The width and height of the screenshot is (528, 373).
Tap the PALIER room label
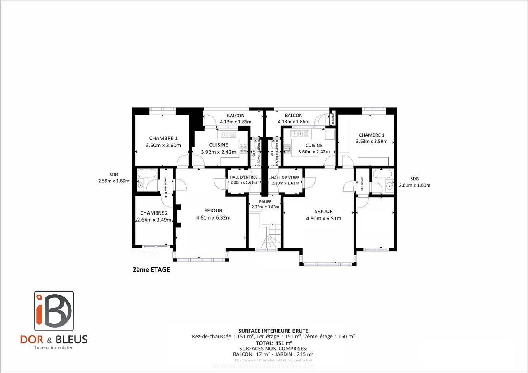point(265,201)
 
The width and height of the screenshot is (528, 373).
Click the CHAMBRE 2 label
point(154,213)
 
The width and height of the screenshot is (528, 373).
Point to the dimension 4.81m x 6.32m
point(213,218)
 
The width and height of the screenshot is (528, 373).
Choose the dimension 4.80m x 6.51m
point(323,218)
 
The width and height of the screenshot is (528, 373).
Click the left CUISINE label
point(218,145)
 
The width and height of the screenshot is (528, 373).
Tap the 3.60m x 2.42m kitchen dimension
point(314,152)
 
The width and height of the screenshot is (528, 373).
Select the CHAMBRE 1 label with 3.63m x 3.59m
point(371,135)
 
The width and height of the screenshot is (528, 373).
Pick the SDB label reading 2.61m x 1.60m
point(414,179)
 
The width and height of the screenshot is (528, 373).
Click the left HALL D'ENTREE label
point(243,177)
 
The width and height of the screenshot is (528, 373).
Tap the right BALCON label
point(293,116)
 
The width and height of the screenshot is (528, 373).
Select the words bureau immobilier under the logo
point(54,348)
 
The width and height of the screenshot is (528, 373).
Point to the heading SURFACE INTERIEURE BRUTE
point(273,331)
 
